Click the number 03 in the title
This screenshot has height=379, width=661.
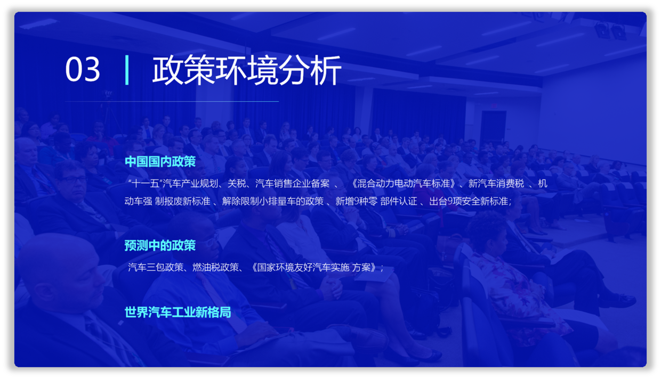pos(83,69)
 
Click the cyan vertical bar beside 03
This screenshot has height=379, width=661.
pos(127,70)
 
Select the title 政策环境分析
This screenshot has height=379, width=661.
pos(247,70)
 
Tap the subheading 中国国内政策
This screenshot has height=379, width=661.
pos(160,161)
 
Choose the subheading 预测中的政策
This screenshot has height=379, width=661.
pos(160,245)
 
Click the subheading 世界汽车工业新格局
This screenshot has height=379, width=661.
pos(178,312)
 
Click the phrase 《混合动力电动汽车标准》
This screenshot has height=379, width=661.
pos(403,184)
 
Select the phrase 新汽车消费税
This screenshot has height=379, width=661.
pos(496,184)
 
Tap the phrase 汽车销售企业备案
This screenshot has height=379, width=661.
pos(293,184)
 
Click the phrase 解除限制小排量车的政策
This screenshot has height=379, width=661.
pos(273,201)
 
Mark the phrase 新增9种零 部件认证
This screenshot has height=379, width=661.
pos(376,201)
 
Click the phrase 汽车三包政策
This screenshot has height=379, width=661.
pos(156,267)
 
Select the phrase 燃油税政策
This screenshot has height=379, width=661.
pos(215,267)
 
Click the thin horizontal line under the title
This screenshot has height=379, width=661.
pos(172,101)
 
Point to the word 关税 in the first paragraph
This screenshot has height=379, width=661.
pos(237,184)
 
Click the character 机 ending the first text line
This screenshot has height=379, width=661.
pos(543,184)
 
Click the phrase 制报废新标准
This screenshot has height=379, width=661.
pos(183,201)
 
